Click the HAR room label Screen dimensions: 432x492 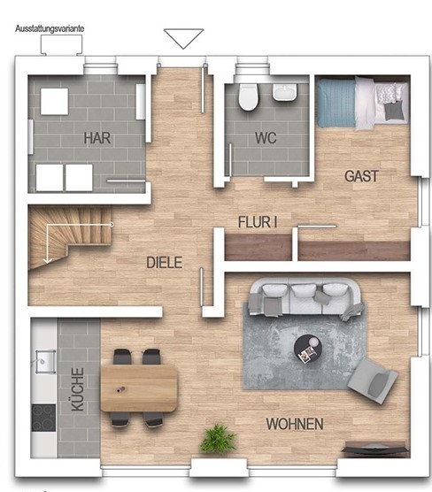tap(97, 138)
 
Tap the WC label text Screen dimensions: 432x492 tap(266, 138)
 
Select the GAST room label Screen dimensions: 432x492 tap(362, 176)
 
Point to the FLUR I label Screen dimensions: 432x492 tap(258, 222)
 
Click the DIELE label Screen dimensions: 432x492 tap(164, 262)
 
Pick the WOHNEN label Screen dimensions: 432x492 tap(295, 424)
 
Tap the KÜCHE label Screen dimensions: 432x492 tap(78, 389)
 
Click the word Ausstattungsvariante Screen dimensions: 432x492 tap(50, 28)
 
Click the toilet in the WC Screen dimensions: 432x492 tap(247, 97)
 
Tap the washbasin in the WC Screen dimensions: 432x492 tap(285, 92)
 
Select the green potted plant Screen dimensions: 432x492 tap(218, 438)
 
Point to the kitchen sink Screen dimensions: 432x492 tap(45, 361)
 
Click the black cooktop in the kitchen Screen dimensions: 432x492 tap(43, 418)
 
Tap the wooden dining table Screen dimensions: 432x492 tap(139, 388)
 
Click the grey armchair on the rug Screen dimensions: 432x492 tap(373, 381)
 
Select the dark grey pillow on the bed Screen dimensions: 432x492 tap(394, 111)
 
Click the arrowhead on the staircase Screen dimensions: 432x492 tap(48, 260)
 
